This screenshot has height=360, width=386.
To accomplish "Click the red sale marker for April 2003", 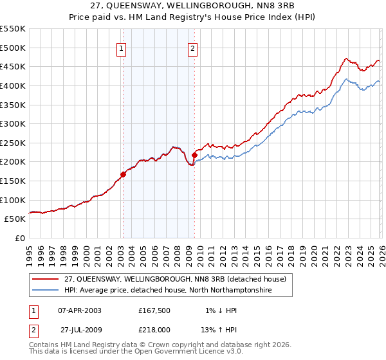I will tap(123, 174).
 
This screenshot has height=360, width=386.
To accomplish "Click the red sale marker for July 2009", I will tap(194, 155).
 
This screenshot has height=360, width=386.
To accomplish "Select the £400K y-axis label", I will tap(13, 85).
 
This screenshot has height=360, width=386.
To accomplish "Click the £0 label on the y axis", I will tap(19, 238).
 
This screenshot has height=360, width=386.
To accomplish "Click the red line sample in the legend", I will tap(46, 278).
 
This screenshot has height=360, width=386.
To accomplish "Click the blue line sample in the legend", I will tap(46, 291).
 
